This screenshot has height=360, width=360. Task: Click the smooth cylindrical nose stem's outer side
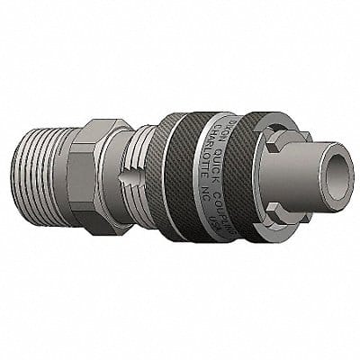[306, 153]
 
